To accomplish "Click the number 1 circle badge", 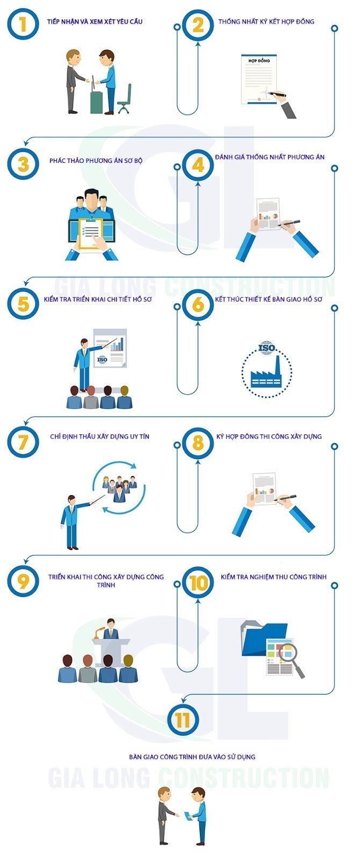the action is (x=23, y=24).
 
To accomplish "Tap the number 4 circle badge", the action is (x=198, y=165).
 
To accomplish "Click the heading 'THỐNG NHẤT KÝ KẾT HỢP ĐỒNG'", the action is (x=267, y=21).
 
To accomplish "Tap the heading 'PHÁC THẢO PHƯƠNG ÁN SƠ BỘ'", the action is (x=96, y=161).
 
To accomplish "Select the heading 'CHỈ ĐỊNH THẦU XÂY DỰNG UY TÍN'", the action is (x=100, y=436).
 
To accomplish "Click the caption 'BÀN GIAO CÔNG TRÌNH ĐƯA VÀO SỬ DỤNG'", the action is (x=192, y=757).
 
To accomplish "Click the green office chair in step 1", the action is (x=125, y=99).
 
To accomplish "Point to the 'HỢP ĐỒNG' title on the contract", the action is (x=259, y=61).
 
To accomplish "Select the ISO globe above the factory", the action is (x=267, y=348).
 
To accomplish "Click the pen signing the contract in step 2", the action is (x=277, y=94).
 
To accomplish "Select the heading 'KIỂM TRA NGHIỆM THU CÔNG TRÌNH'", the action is (x=273, y=577).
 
